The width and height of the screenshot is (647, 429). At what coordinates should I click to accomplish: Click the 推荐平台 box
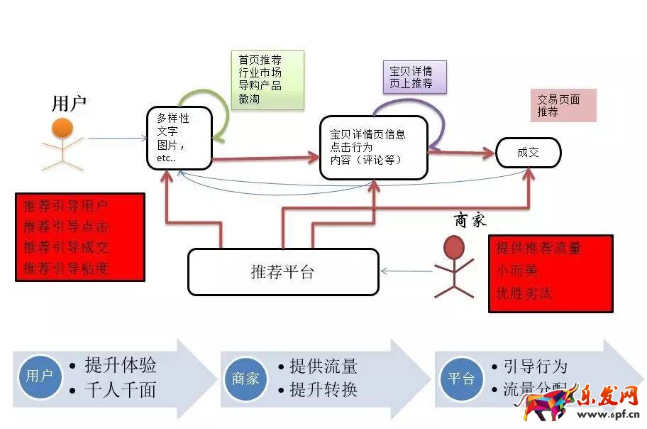[282, 272]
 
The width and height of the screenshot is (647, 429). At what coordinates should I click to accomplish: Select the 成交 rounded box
[529, 153]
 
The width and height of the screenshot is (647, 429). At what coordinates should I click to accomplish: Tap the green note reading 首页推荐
[267, 79]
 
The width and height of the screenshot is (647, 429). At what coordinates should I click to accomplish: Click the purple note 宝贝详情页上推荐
[414, 77]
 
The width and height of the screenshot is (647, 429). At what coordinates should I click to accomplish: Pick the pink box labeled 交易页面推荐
[563, 105]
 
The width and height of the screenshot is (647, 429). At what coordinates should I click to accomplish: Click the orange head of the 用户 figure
[62, 129]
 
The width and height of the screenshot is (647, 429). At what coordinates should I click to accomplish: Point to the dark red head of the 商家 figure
[454, 247]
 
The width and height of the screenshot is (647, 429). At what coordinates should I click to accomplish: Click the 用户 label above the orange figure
[70, 103]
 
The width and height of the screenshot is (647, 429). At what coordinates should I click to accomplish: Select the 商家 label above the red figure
[470, 220]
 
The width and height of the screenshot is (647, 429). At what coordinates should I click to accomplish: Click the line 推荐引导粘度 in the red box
[66, 268]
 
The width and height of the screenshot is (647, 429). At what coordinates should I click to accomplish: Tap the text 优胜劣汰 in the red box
[524, 293]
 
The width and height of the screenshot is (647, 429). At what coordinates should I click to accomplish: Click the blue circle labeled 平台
[459, 379]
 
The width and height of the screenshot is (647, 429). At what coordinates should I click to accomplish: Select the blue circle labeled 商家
[245, 379]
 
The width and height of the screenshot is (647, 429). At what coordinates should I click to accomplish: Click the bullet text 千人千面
[120, 390]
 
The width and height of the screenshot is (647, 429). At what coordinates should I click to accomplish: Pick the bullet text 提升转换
[323, 389]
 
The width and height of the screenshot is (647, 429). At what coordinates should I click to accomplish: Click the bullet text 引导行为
[535, 366]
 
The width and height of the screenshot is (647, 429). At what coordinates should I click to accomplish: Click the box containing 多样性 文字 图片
[179, 138]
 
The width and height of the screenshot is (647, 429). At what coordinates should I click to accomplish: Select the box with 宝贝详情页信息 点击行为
[374, 147]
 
